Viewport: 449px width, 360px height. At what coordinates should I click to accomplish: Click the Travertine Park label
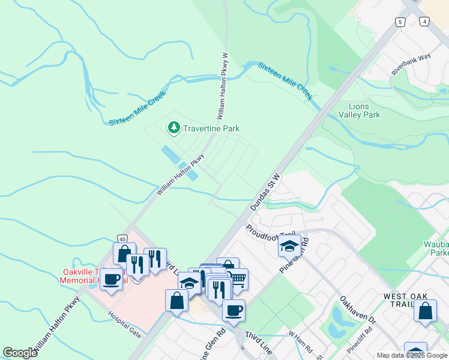point(212,128)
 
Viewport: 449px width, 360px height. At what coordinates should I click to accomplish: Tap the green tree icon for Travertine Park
point(174,127)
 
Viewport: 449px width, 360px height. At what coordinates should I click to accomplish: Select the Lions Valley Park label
point(359,110)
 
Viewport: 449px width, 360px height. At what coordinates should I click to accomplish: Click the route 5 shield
point(400,22)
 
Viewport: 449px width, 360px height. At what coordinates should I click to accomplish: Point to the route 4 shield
point(425,22)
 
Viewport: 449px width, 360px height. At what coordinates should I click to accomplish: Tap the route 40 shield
point(122,239)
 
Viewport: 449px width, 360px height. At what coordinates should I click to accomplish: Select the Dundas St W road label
point(265,193)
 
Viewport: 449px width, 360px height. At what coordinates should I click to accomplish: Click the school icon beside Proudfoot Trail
point(289,247)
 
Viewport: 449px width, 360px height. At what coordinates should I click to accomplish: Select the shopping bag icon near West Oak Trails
point(425,311)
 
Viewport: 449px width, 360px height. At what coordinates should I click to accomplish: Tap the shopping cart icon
point(237,278)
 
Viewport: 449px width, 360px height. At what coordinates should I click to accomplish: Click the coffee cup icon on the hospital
point(111,279)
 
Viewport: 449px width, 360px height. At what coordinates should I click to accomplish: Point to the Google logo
point(20,353)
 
